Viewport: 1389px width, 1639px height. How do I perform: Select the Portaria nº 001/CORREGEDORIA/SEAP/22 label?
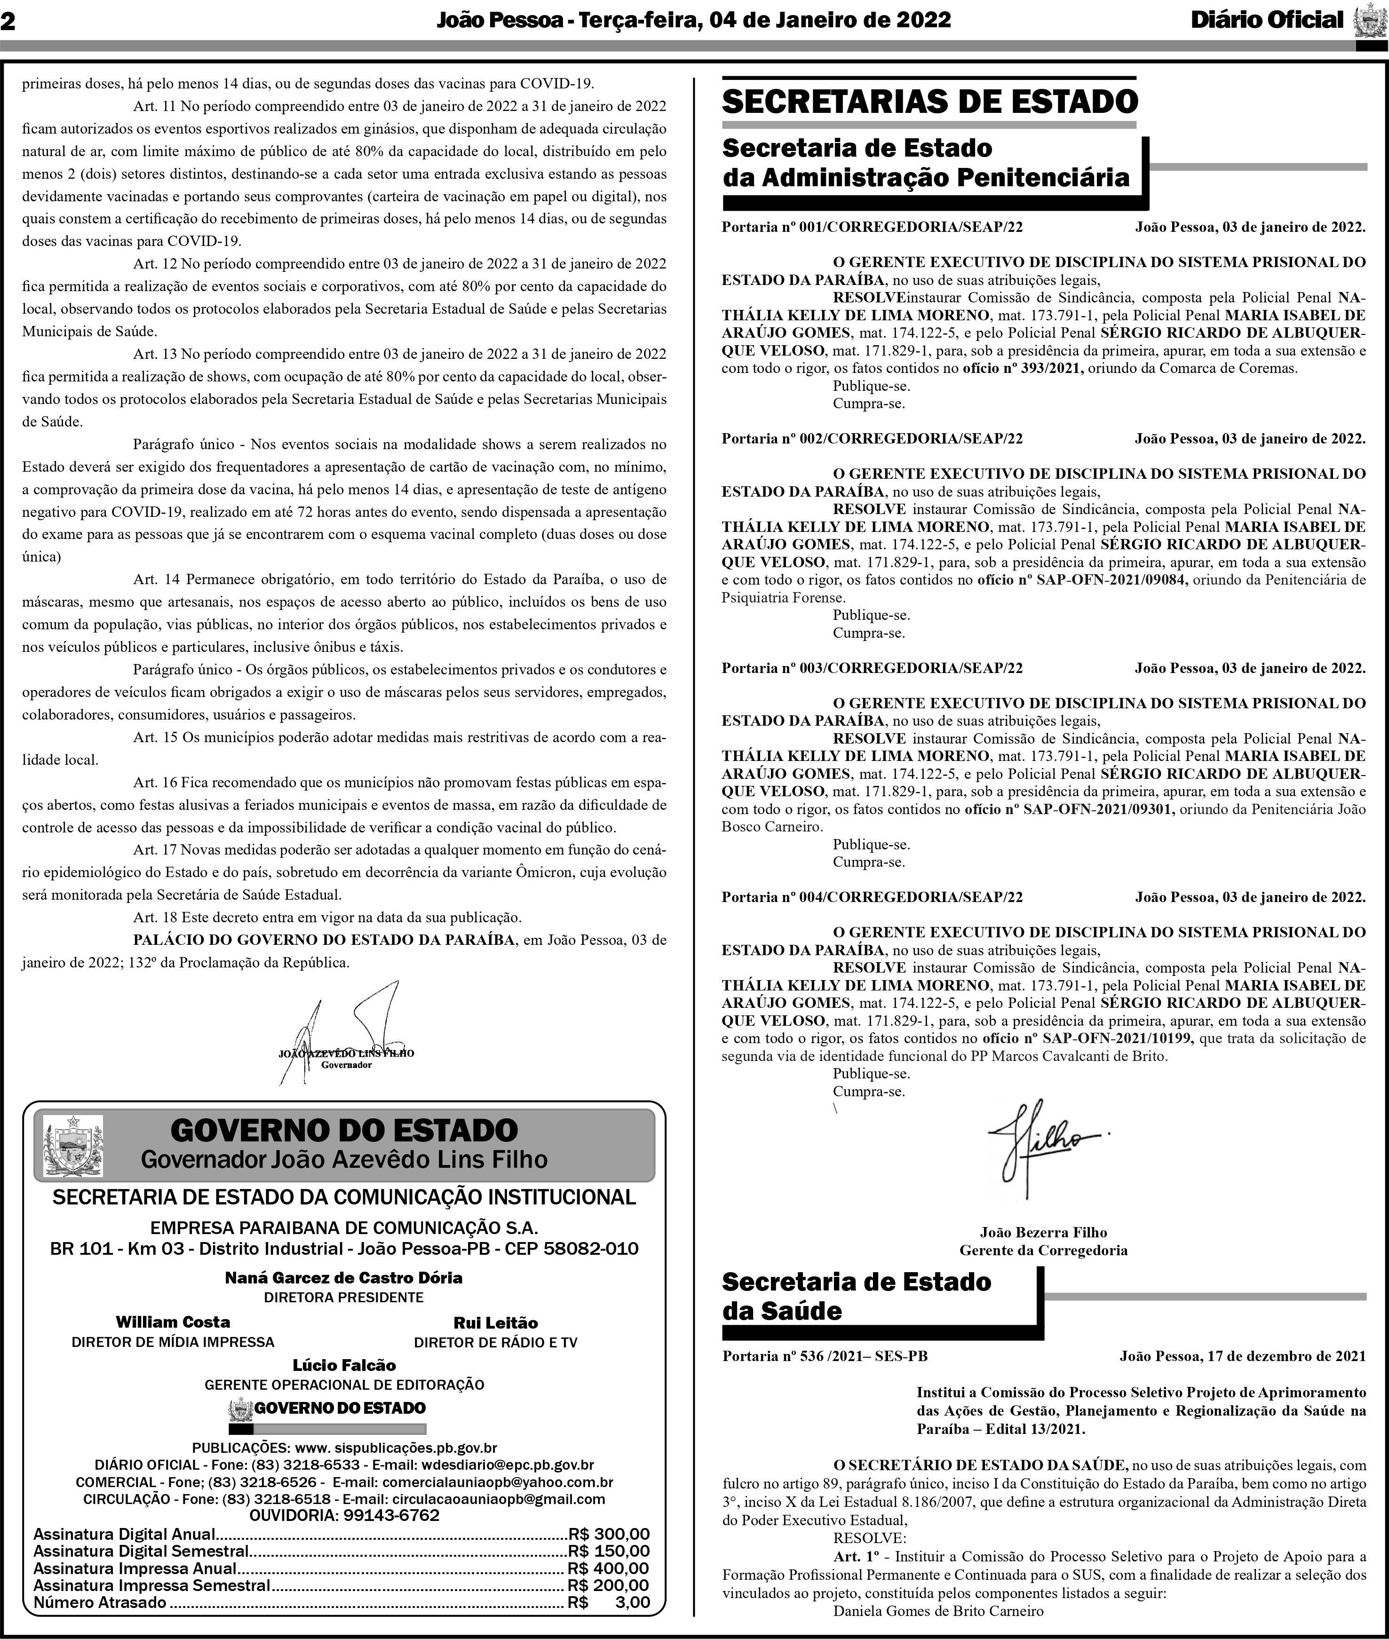872,228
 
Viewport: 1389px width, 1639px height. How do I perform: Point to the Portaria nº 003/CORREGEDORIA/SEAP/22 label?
872,668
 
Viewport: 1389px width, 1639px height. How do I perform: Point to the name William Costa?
173,1322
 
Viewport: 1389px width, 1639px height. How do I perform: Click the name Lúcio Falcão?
344,1365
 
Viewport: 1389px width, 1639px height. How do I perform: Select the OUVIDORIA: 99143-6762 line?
344,1515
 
